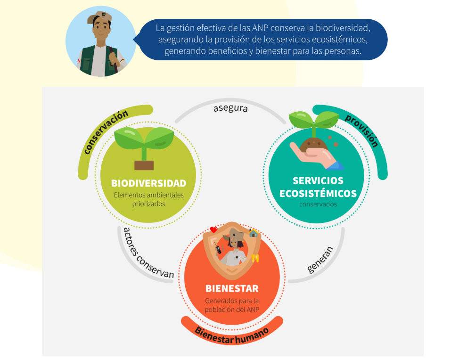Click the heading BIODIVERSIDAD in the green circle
tap(148, 183)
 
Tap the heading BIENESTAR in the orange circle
tap(232, 288)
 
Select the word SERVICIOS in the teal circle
tap(318, 180)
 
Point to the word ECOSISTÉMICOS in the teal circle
tap(318, 193)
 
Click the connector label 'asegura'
tap(230, 108)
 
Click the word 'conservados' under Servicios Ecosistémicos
tap(318, 205)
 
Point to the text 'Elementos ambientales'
tap(148, 195)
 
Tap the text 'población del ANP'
tap(232, 309)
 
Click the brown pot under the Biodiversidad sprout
tap(144, 165)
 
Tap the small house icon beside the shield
tap(254, 233)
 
